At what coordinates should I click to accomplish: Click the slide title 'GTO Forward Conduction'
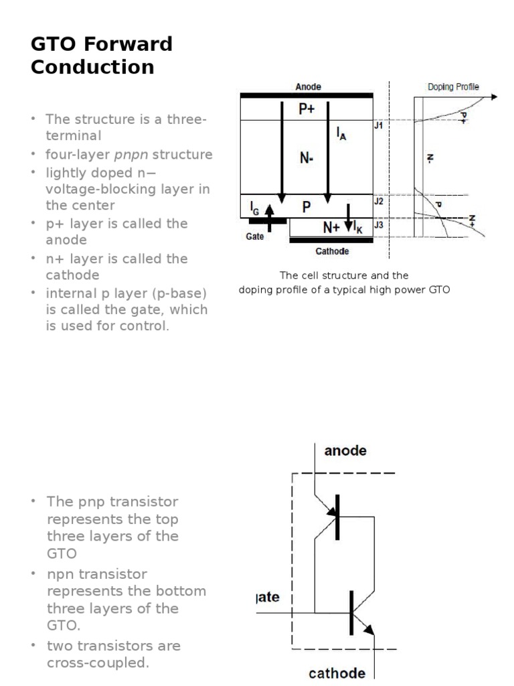click(101, 56)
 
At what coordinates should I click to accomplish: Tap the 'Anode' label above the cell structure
click(308, 86)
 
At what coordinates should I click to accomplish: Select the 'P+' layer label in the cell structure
click(306, 109)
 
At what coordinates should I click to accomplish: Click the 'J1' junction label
click(378, 125)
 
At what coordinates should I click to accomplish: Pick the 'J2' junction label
click(378, 200)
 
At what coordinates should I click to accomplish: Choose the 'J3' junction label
click(378, 224)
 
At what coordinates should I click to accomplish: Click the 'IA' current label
click(342, 135)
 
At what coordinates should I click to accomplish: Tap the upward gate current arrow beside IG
click(269, 218)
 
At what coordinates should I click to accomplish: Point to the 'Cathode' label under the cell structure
click(332, 251)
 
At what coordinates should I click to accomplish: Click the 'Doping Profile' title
click(453, 87)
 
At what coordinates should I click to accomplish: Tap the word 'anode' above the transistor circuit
click(345, 451)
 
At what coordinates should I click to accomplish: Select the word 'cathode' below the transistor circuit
click(337, 673)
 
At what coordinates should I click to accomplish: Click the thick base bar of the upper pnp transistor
click(337, 517)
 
